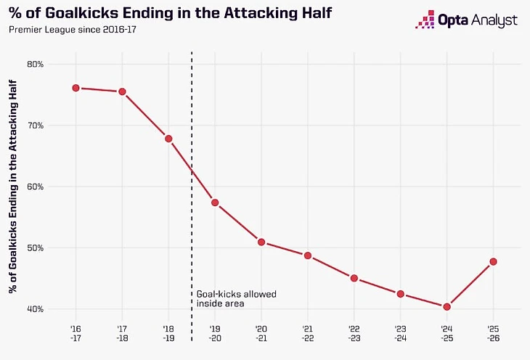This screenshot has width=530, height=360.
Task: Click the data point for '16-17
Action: (x=76, y=88)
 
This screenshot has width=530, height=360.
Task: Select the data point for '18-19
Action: (x=168, y=139)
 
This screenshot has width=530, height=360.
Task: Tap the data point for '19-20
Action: (x=215, y=202)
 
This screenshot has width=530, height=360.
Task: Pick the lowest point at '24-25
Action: (x=447, y=306)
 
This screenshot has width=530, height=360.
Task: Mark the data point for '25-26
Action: (x=493, y=261)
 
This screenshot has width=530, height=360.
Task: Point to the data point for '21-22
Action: (x=308, y=255)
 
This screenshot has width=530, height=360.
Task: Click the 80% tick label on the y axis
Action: (x=35, y=64)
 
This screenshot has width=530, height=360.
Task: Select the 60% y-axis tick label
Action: (x=35, y=187)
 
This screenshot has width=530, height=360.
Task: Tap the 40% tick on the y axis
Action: (x=35, y=309)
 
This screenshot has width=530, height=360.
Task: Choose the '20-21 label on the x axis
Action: (x=261, y=332)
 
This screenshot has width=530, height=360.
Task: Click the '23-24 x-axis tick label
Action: (x=400, y=332)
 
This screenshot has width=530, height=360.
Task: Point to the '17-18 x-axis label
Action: (x=122, y=332)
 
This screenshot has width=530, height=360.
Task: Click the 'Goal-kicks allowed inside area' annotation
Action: (x=237, y=299)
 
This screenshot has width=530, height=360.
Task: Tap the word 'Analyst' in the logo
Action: (x=496, y=20)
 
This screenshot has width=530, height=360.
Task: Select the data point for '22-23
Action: (x=354, y=278)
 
